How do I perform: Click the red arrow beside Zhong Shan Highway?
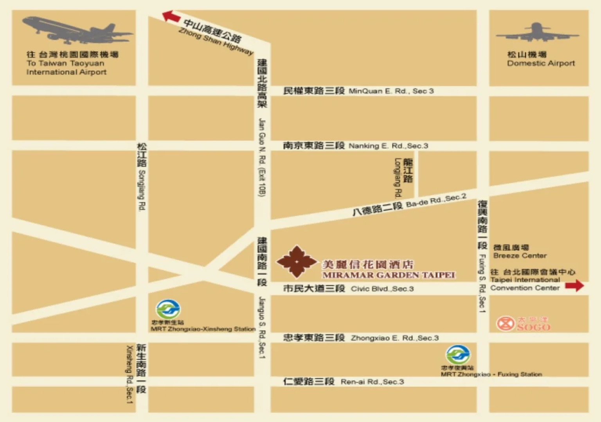(x=171, y=16)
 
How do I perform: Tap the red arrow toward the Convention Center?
(x=574, y=286)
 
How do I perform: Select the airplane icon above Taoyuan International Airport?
(x=76, y=30)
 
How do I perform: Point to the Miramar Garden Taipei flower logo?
(x=297, y=262)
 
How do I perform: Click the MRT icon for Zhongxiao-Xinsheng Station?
(x=168, y=309)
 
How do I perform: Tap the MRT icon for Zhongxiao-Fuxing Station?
(x=458, y=355)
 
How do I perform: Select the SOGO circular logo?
(x=505, y=324)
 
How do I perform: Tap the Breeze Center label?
(x=519, y=256)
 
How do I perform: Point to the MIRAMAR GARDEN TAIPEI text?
(x=389, y=275)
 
